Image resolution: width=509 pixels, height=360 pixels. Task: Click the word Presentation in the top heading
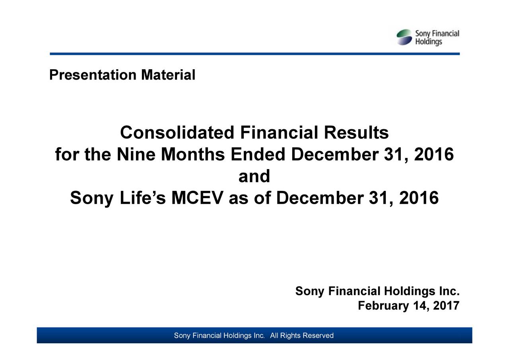93,75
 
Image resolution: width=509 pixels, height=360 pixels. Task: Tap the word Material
168,75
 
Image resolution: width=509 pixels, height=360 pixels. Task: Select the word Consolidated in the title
177,133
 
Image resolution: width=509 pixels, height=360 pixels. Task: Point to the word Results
356,133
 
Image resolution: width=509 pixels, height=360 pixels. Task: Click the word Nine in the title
136,155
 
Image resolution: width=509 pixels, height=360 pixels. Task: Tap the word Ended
258,155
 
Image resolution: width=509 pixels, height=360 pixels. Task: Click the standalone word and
254,177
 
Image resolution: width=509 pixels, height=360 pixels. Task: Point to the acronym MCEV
197,198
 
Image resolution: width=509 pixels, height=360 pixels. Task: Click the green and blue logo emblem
404,37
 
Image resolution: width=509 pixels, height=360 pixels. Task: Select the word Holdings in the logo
428,42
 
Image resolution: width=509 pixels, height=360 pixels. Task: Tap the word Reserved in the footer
318,336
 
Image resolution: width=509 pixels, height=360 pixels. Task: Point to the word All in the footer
274,336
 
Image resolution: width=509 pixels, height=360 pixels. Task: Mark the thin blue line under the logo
254,54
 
